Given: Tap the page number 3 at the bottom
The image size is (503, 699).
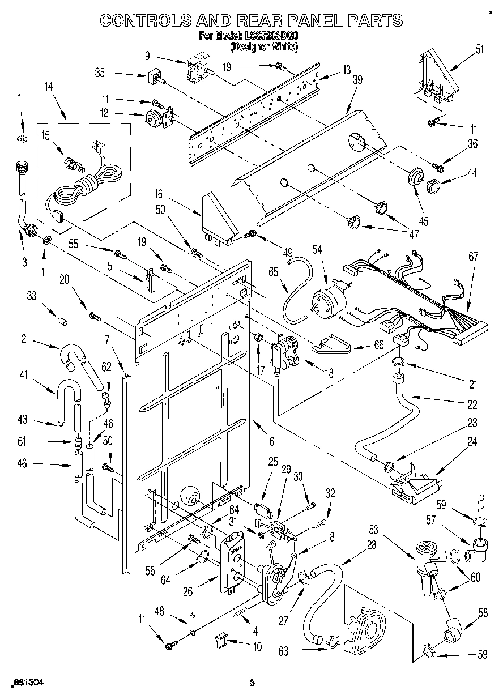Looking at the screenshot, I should pyautogui.click(x=252, y=683).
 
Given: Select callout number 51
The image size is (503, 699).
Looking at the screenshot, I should pyautogui.click(x=480, y=49).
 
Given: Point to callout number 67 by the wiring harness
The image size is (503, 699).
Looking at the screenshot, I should pyautogui.click(x=474, y=257).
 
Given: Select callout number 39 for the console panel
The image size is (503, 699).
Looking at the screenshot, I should pyautogui.click(x=357, y=80).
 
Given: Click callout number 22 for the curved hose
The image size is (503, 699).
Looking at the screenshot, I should pyautogui.click(x=472, y=404).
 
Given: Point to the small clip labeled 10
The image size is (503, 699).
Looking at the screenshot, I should pyautogui.click(x=222, y=640).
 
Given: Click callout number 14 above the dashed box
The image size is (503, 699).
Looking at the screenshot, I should pyautogui.click(x=48, y=86).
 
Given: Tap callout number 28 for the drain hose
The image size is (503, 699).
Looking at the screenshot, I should pyautogui.click(x=355, y=545).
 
